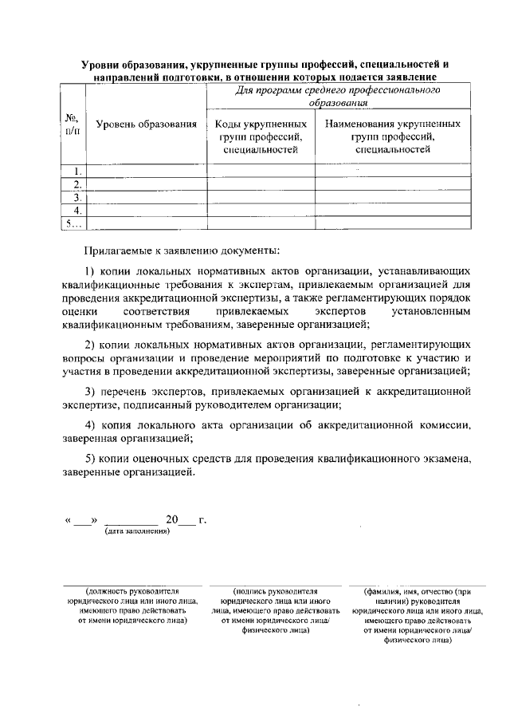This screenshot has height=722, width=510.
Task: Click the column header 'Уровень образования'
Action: [x=146, y=124]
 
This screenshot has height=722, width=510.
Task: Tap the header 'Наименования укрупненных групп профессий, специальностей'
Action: [x=393, y=136]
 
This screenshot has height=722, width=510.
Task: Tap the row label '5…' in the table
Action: [x=73, y=223]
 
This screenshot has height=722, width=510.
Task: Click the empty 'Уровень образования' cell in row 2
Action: [x=146, y=184]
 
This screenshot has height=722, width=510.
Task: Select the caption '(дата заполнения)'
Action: [x=137, y=532]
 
